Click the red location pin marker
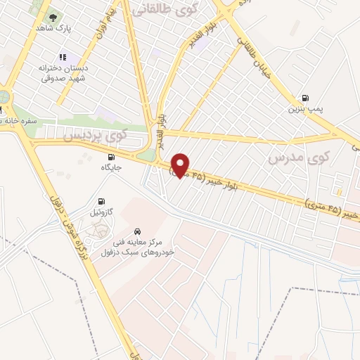click(x=181, y=165)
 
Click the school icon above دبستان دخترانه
click(x=63, y=58)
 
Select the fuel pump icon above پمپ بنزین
click(x=304, y=97)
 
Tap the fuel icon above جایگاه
click(x=112, y=156)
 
